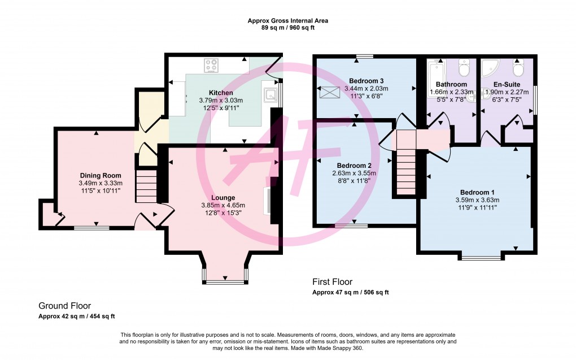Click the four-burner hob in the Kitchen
point(212,65)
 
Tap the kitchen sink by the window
point(270,94)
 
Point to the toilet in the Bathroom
point(464,68)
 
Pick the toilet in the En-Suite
point(518,68)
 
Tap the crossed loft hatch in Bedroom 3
point(327,93)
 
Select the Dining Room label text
point(101,176)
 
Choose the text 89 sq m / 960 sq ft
point(287,28)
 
